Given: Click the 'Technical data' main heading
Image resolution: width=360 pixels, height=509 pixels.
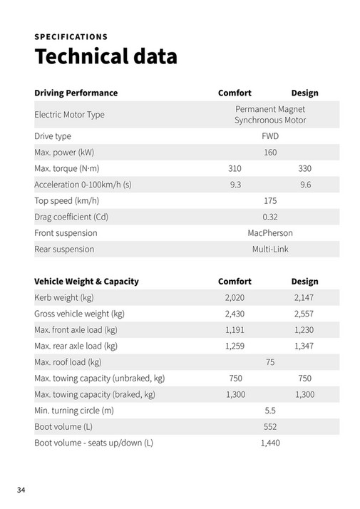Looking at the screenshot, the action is point(106,56).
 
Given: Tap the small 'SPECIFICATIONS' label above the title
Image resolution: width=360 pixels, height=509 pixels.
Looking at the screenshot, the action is point(71,36).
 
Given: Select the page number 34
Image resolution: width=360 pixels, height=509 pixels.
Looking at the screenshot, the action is point(21,490).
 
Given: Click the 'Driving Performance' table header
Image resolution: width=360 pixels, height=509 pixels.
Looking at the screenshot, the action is point(76,93).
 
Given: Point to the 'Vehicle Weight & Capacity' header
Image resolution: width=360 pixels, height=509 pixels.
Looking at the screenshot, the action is point(86,282).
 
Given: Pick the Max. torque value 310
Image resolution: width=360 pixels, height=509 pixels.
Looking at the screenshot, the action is point(235,168).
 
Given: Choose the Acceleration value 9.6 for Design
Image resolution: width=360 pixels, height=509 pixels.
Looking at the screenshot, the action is point(305,185).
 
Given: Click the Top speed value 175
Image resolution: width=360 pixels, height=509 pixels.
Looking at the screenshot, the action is point(270,200).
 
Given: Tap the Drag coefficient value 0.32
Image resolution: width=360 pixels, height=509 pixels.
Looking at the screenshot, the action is point(270,217).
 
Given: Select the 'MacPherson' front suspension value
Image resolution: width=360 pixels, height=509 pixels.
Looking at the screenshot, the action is point(270,233).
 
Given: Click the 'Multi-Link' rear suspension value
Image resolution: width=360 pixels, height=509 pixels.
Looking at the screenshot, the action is point(270,250).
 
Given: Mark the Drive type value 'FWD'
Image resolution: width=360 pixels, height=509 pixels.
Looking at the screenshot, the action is point(270,135).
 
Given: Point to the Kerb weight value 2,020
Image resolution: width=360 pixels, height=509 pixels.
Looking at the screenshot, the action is point(235,297).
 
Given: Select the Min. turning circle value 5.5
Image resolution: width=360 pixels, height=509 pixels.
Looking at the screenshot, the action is point(270,411).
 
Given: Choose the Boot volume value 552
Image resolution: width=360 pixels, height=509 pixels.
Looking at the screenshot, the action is point(270,426).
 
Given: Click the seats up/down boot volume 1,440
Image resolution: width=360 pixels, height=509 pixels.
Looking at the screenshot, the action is point(270,443).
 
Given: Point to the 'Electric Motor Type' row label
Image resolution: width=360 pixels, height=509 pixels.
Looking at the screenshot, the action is point(70,115).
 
